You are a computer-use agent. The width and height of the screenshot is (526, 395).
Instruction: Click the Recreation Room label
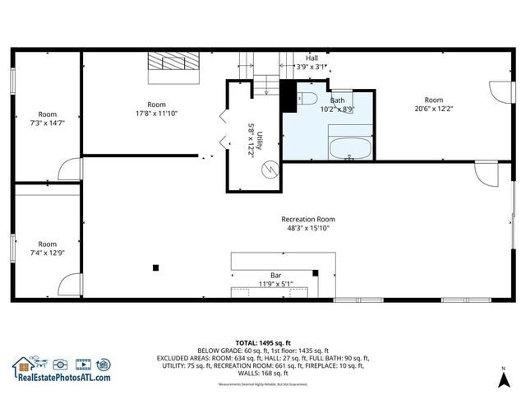(308, 219)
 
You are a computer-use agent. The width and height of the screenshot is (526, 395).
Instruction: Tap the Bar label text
(276, 275)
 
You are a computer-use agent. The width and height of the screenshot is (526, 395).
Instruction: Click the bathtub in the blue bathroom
(349, 150)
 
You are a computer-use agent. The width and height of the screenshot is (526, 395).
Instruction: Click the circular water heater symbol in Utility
(268, 169)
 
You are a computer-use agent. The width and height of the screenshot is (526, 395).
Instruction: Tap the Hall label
(311, 58)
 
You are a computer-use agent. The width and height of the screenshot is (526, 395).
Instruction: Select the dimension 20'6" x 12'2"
(433, 109)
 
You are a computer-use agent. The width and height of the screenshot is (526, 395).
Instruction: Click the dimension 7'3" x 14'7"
(47, 123)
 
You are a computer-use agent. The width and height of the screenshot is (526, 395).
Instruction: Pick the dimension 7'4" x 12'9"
(47, 252)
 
